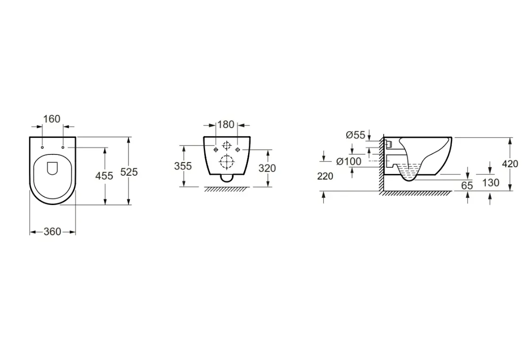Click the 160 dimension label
point(52,119)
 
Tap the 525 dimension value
point(129,172)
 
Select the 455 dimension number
point(104,176)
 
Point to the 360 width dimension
point(52,231)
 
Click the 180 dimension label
point(226,124)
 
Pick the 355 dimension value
point(183,166)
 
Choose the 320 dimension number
point(267,168)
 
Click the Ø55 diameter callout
point(356,135)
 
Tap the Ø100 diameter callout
point(349,162)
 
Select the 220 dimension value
point(325,176)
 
